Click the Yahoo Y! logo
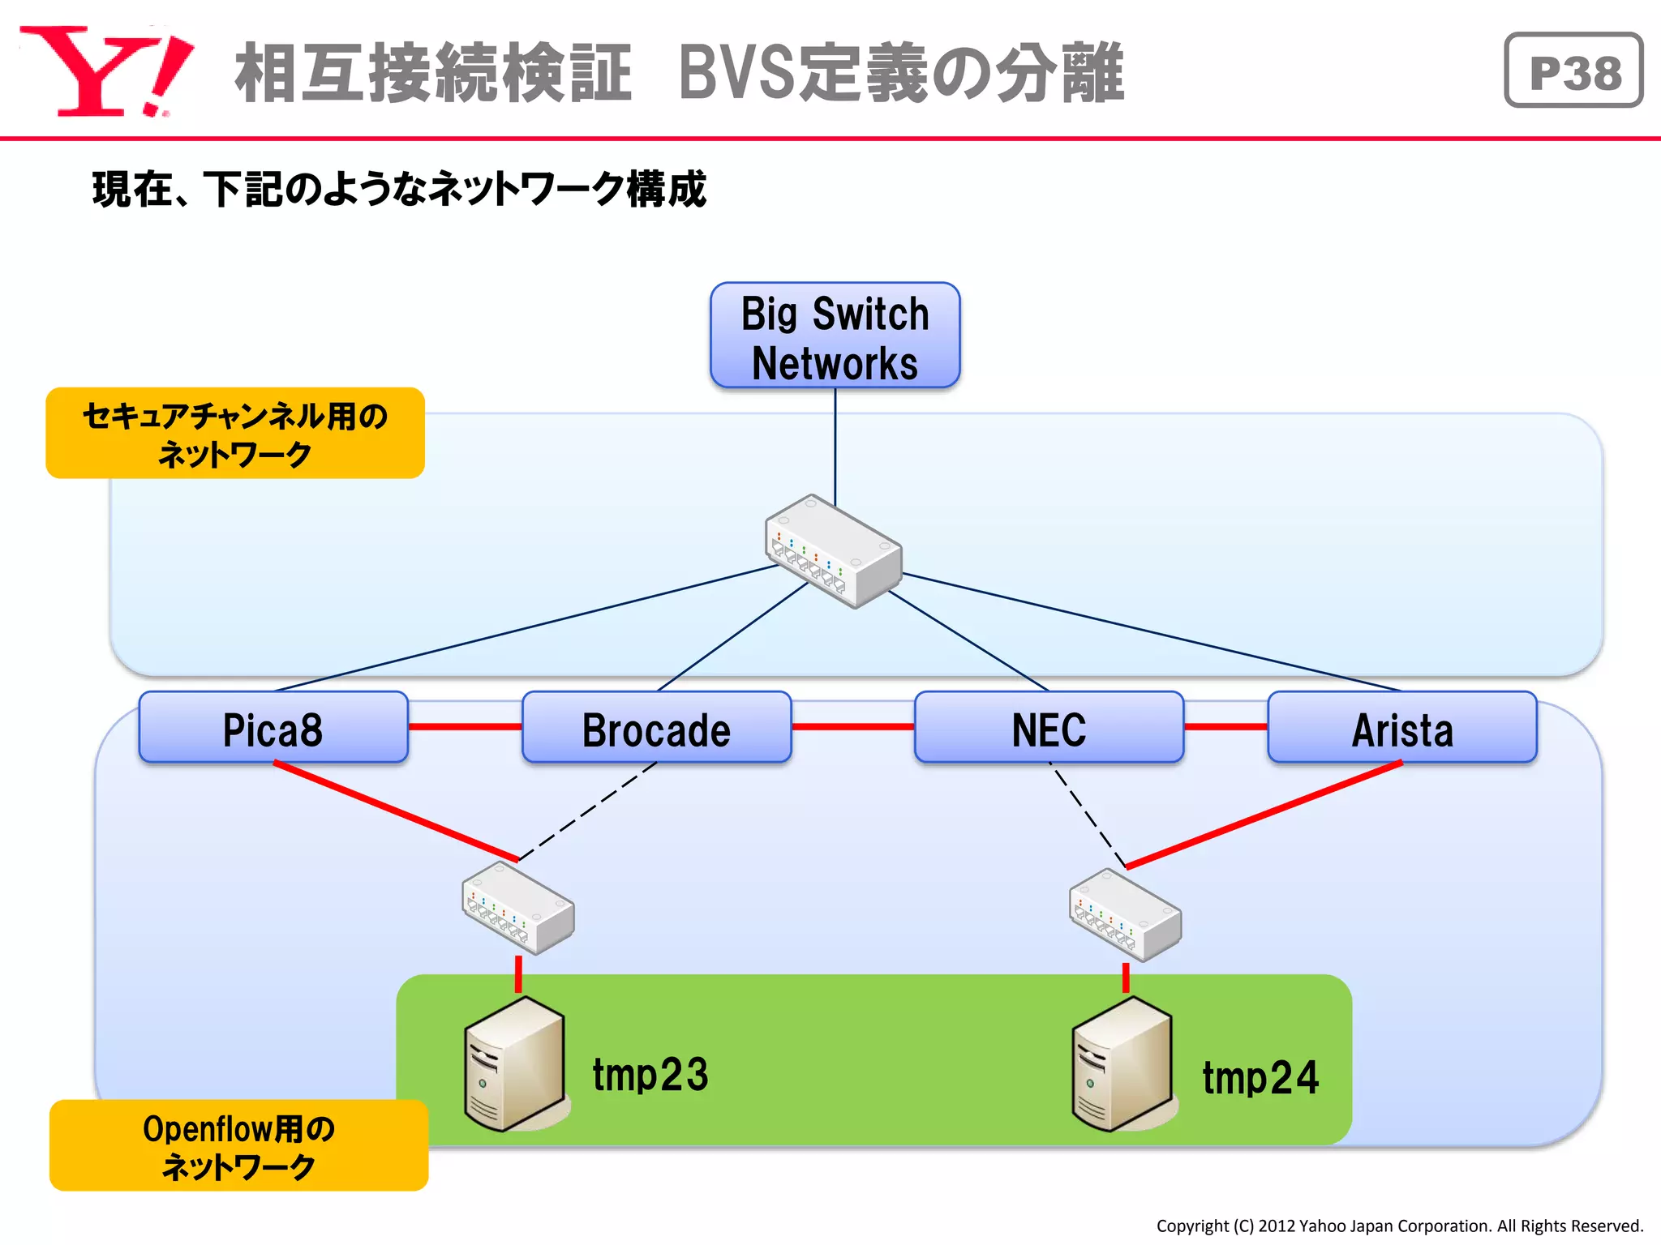point(105,71)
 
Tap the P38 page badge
point(1573,71)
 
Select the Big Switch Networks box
point(835,336)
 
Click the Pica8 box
point(273,728)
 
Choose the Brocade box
point(656,728)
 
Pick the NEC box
point(1048,728)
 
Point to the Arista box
point(1401,728)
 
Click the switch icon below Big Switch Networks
point(833,551)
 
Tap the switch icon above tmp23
point(517,908)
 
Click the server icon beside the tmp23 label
point(513,1063)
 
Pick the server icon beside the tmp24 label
point(1122,1063)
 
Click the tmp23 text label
point(650,1075)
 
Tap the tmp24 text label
point(1260,1078)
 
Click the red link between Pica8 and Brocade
point(465,726)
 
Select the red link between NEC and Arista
point(1225,726)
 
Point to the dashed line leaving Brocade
point(588,811)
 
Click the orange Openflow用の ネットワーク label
point(238,1145)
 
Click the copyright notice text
point(1399,1226)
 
